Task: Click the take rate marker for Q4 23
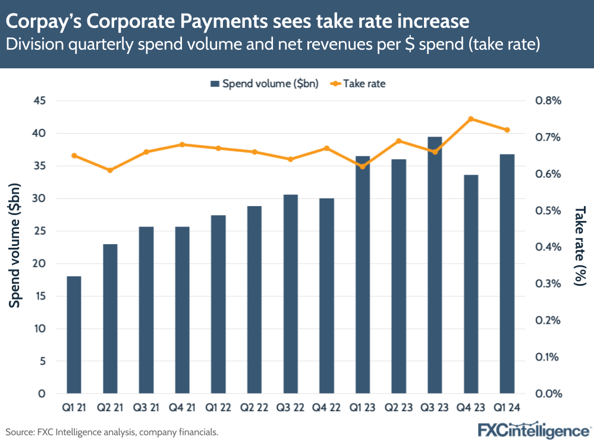point(471,119)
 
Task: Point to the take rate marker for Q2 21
point(110,171)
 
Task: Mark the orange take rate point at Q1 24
point(507,130)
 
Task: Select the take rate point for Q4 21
point(182,144)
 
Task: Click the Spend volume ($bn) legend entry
point(265,84)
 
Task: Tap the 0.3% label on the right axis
point(548,284)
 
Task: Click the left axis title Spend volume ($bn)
point(16,246)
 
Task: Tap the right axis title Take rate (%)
point(579,246)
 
